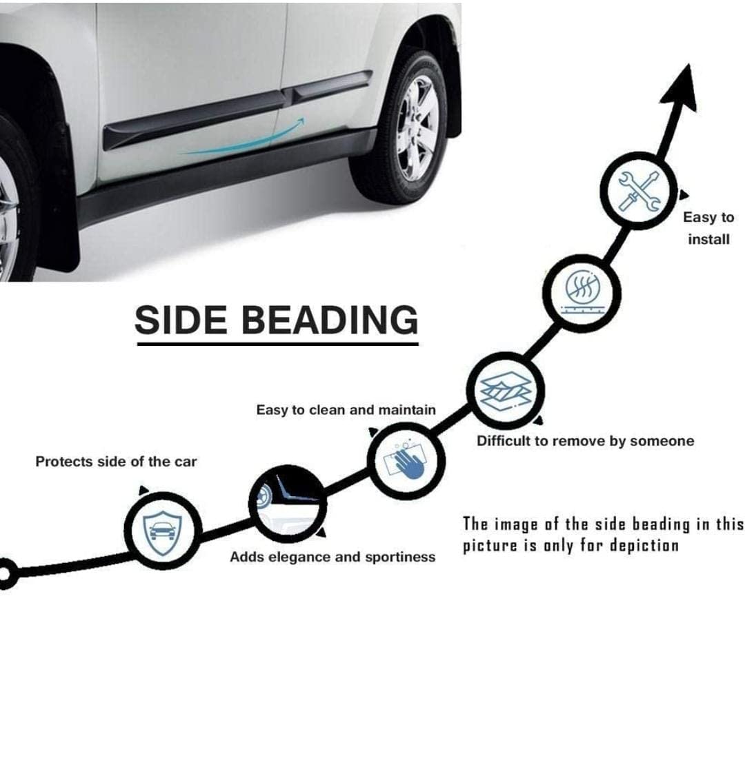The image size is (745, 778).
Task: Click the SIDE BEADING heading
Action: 276,320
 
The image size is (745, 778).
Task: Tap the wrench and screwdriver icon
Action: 639,190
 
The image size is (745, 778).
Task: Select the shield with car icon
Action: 163,530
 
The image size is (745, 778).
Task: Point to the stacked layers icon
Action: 506,390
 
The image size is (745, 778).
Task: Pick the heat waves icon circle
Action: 584,290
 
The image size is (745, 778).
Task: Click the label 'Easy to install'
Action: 708,228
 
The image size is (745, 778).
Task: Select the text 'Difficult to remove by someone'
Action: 585,441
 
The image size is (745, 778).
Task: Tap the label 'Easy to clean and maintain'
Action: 346,410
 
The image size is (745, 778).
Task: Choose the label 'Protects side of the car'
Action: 116,462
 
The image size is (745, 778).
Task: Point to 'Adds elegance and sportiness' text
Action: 332,557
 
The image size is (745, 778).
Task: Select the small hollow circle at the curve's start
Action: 6,574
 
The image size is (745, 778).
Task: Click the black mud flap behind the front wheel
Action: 59,207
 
